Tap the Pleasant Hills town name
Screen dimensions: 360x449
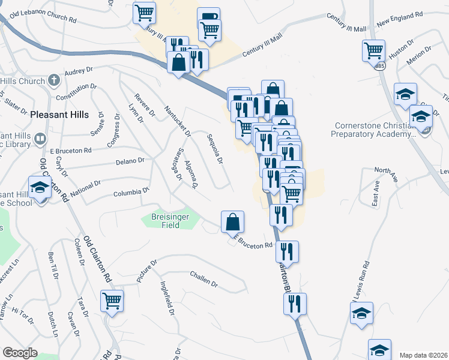pos(59,115)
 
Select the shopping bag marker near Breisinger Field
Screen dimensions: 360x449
pos(232,222)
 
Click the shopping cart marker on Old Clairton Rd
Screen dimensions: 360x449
pos(112,301)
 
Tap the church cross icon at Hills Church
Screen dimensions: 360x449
pos(54,80)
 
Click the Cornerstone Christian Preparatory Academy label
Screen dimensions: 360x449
pos(373,130)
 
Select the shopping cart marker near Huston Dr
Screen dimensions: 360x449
pos(373,50)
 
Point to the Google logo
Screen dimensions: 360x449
pos(20,353)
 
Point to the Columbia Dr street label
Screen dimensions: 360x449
pos(131,192)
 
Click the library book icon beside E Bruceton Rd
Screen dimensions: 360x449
pos(40,139)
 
